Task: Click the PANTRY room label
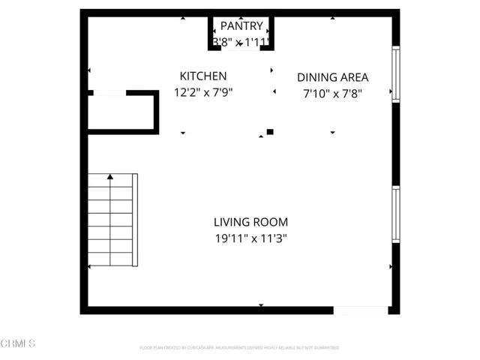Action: click(x=241, y=26)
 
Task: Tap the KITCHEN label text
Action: click(x=202, y=76)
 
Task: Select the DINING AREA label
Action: click(x=332, y=76)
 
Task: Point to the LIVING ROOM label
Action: click(x=250, y=222)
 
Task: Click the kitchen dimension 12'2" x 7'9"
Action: click(x=202, y=93)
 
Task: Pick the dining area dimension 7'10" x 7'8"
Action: click(x=332, y=93)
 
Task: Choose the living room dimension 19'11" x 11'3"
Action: click(x=250, y=238)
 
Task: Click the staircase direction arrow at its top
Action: click(x=110, y=177)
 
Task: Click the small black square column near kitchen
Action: click(x=270, y=132)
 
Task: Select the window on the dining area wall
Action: click(x=395, y=73)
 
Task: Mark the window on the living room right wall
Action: click(x=395, y=214)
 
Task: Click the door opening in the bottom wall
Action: click(x=361, y=310)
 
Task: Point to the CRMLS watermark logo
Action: click(x=18, y=343)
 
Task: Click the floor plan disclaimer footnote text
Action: click(x=239, y=348)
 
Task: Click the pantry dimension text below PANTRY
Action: click(x=241, y=43)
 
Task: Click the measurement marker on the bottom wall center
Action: click(x=261, y=305)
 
